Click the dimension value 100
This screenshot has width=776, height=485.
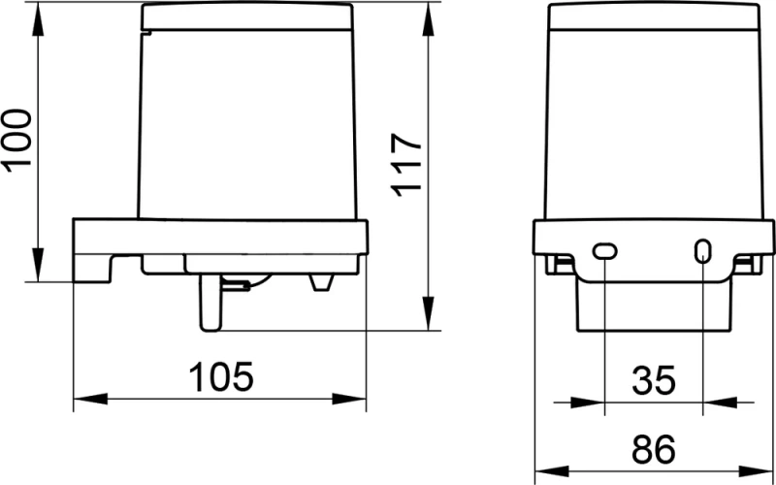(x=18, y=142)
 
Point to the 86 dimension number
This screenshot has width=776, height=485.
(x=652, y=450)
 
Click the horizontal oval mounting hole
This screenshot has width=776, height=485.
(x=603, y=251)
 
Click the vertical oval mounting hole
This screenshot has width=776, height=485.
(x=701, y=251)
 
